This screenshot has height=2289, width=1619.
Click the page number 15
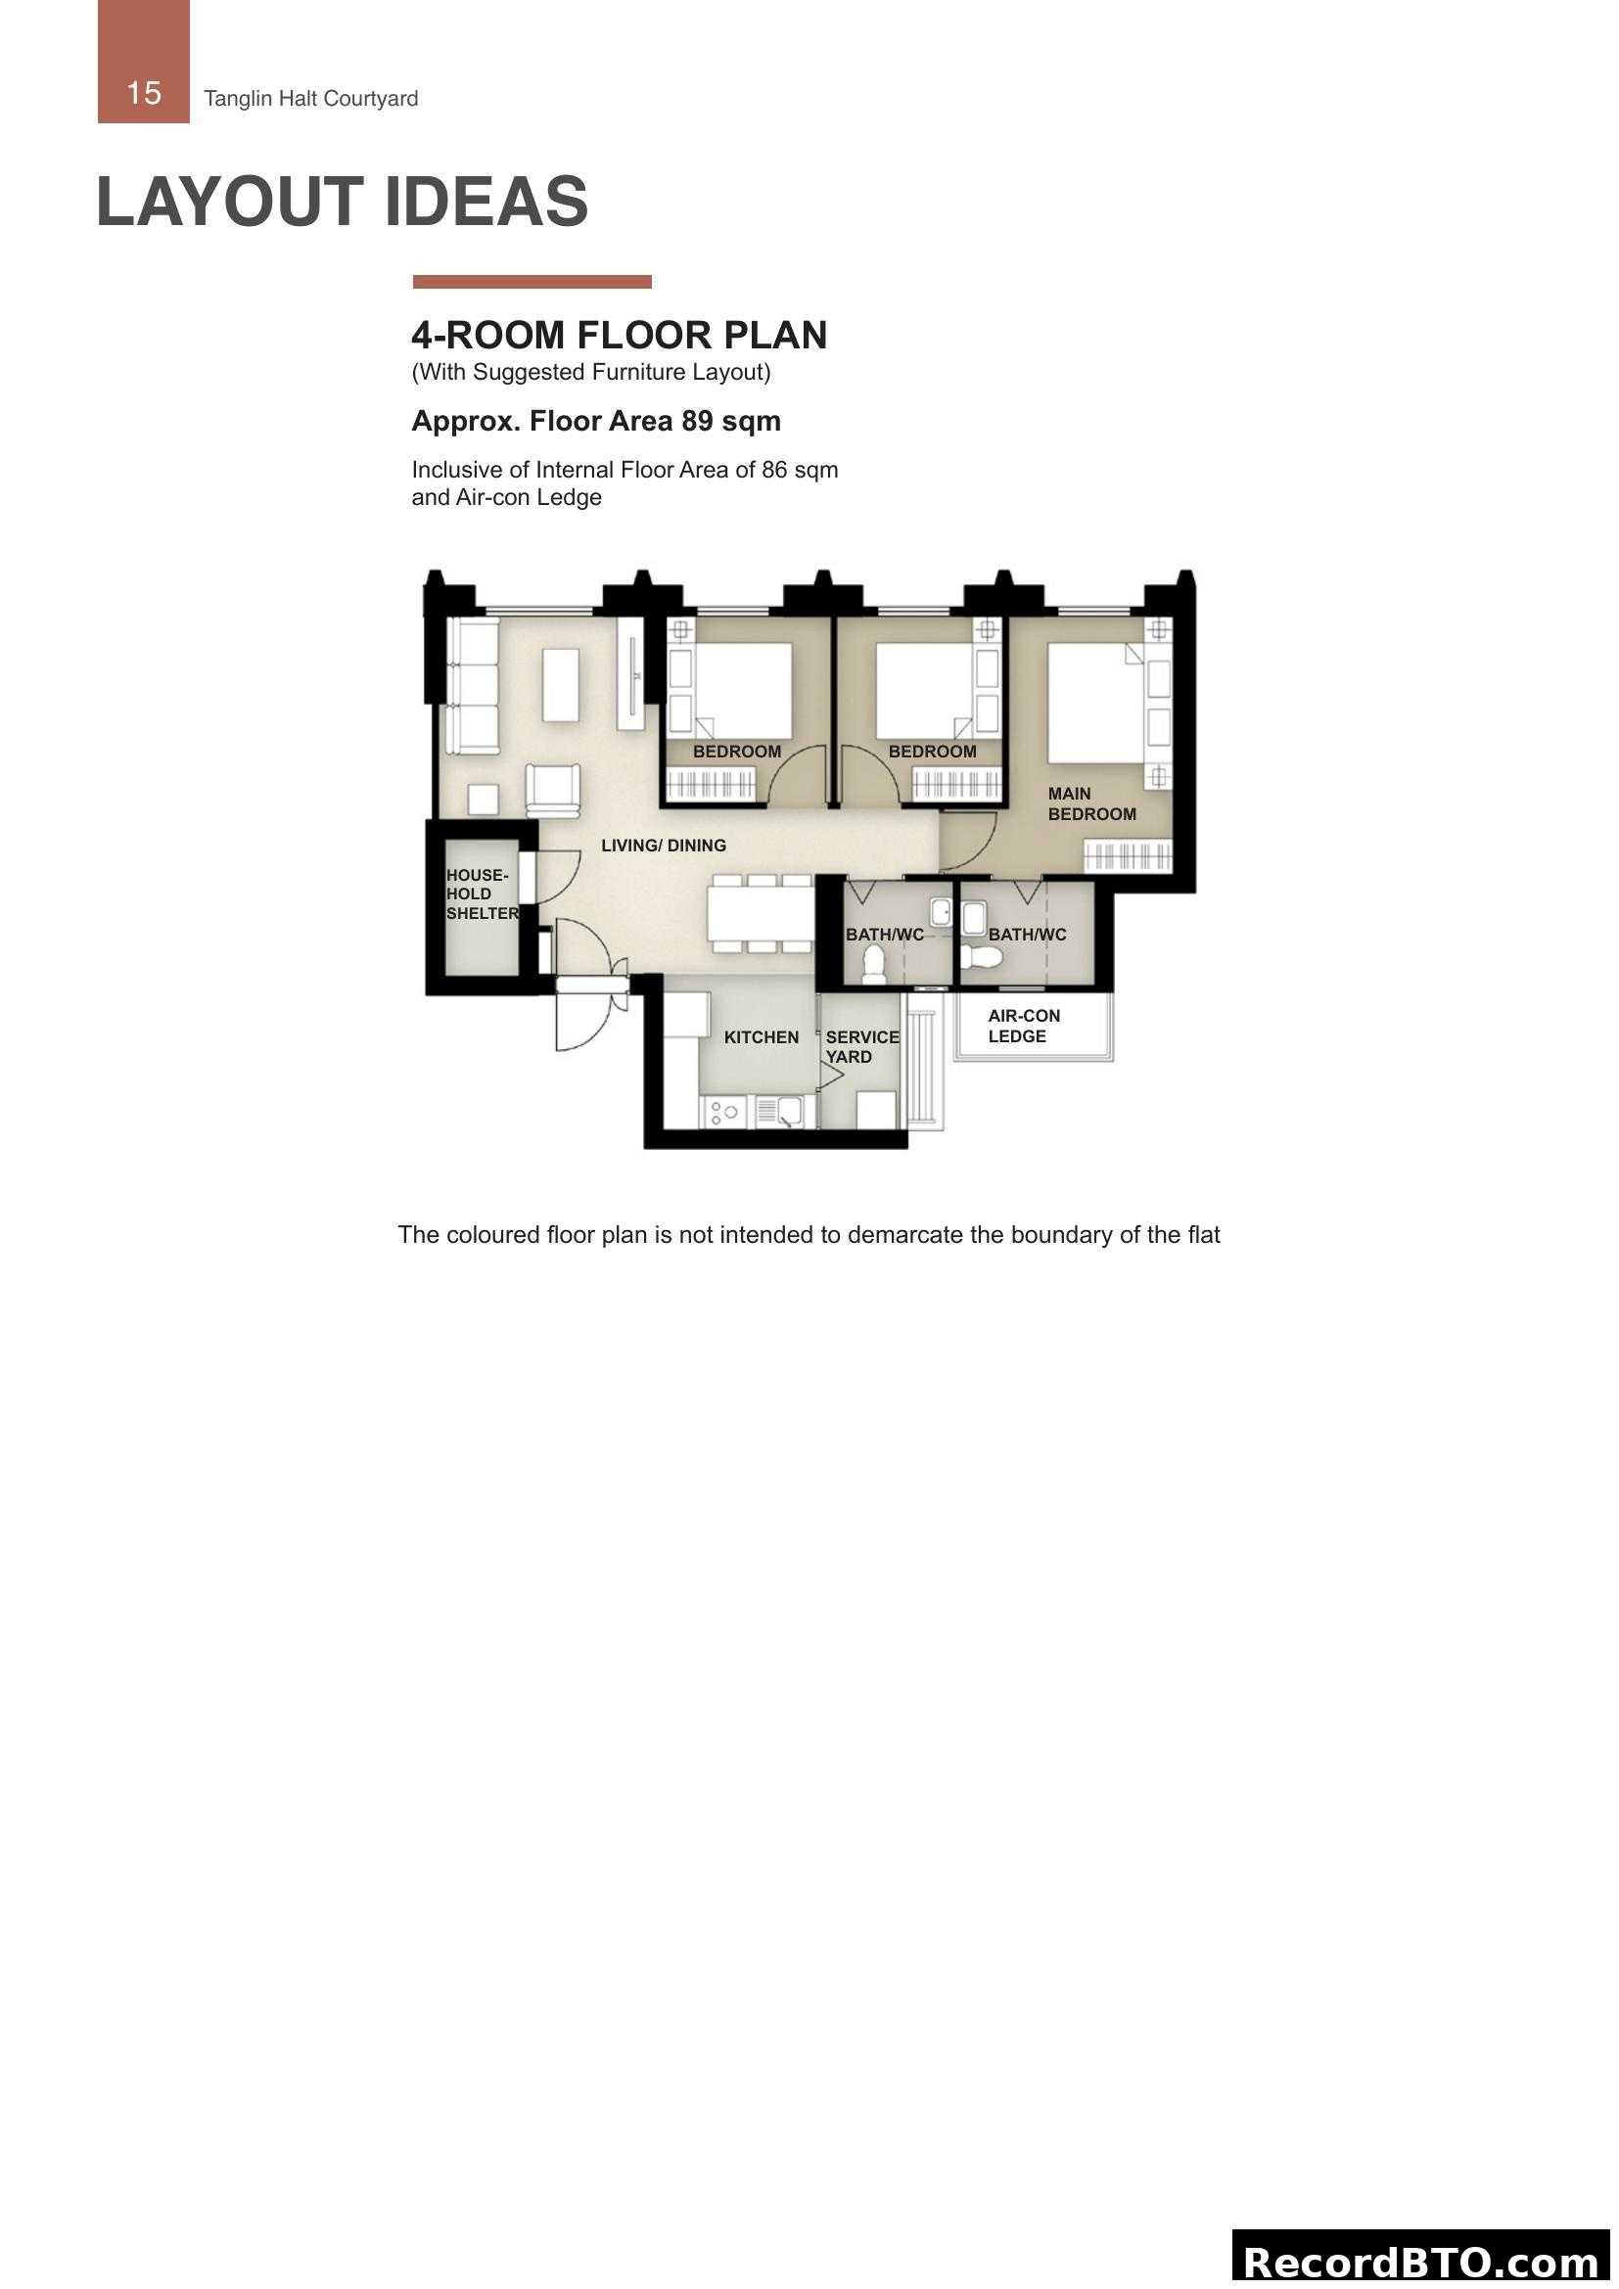pyautogui.click(x=144, y=93)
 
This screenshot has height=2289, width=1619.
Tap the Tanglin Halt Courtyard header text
pyautogui.click(x=311, y=99)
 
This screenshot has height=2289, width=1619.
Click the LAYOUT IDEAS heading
pyautogui.click(x=342, y=202)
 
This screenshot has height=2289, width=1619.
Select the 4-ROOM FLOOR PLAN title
pyautogui.click(x=619, y=335)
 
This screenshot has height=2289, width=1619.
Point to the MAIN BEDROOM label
pyautogui.click(x=1090, y=803)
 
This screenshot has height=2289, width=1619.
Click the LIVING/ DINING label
pyautogui.click(x=663, y=846)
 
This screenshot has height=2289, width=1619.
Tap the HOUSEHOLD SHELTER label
pyautogui.click(x=482, y=894)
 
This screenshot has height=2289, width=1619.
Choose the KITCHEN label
pyautogui.click(x=761, y=1037)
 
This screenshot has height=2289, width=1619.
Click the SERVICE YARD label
pyautogui.click(x=861, y=1047)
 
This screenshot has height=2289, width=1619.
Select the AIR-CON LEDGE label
pyautogui.click(x=1023, y=1026)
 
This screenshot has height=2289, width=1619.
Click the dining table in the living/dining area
pyautogui.click(x=762, y=914)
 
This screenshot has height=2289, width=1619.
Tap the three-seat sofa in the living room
pyautogui.click(x=473, y=685)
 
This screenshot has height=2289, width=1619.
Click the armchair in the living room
pyautogui.click(x=552, y=790)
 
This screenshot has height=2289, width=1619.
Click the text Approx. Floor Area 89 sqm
pyautogui.click(x=596, y=421)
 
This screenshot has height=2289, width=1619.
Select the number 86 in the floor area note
pyautogui.click(x=774, y=470)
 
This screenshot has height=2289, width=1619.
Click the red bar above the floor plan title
pyautogui.click(x=532, y=282)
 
